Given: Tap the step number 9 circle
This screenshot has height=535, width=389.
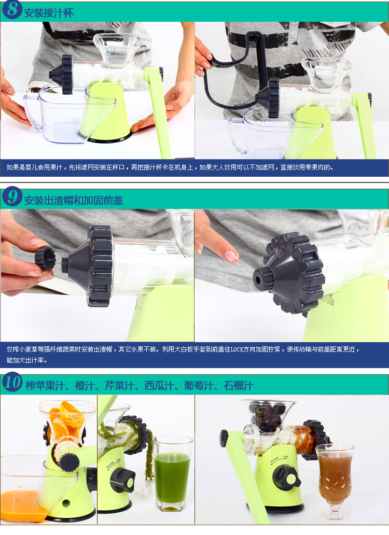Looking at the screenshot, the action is pos(12,196).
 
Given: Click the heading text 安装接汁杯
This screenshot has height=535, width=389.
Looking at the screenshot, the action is pos(49,13).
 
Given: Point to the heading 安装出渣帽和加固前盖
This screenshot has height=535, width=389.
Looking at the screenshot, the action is pos(73,200).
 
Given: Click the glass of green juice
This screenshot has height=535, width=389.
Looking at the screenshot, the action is pos(172,474).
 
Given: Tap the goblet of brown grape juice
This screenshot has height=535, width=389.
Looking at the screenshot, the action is pos(335,481).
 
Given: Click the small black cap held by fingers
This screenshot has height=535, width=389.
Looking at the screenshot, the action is pos(45,258).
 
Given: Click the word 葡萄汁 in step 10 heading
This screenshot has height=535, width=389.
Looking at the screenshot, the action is pos(199,386).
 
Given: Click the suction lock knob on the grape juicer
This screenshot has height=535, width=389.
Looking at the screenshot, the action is pos(287,477).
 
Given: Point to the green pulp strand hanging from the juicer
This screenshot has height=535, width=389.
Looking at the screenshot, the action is pos(149,454).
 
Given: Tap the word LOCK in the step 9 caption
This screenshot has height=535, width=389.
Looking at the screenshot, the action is pos(237,349).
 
